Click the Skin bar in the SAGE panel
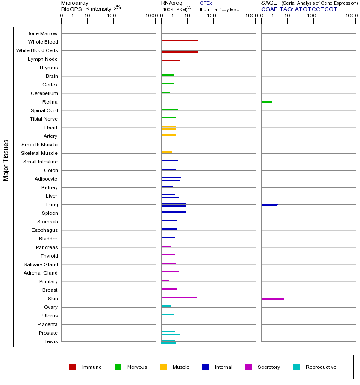(x=273, y=299)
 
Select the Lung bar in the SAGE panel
(x=269, y=204)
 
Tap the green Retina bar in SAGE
(x=266, y=102)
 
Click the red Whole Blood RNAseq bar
(x=179, y=41)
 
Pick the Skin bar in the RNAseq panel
(x=179, y=297)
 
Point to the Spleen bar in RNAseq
(x=174, y=212)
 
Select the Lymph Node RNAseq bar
(x=171, y=60)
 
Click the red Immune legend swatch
(x=73, y=367)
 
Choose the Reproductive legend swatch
(x=296, y=367)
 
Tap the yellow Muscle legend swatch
(x=163, y=367)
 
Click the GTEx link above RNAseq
(x=206, y=3)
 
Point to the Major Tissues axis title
(x=6, y=160)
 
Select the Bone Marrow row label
(x=42, y=33)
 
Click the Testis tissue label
(x=51, y=341)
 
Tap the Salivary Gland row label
(x=41, y=264)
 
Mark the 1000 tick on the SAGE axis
(x=351, y=16)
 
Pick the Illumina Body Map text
(x=219, y=9)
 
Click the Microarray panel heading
(x=75, y=3)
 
